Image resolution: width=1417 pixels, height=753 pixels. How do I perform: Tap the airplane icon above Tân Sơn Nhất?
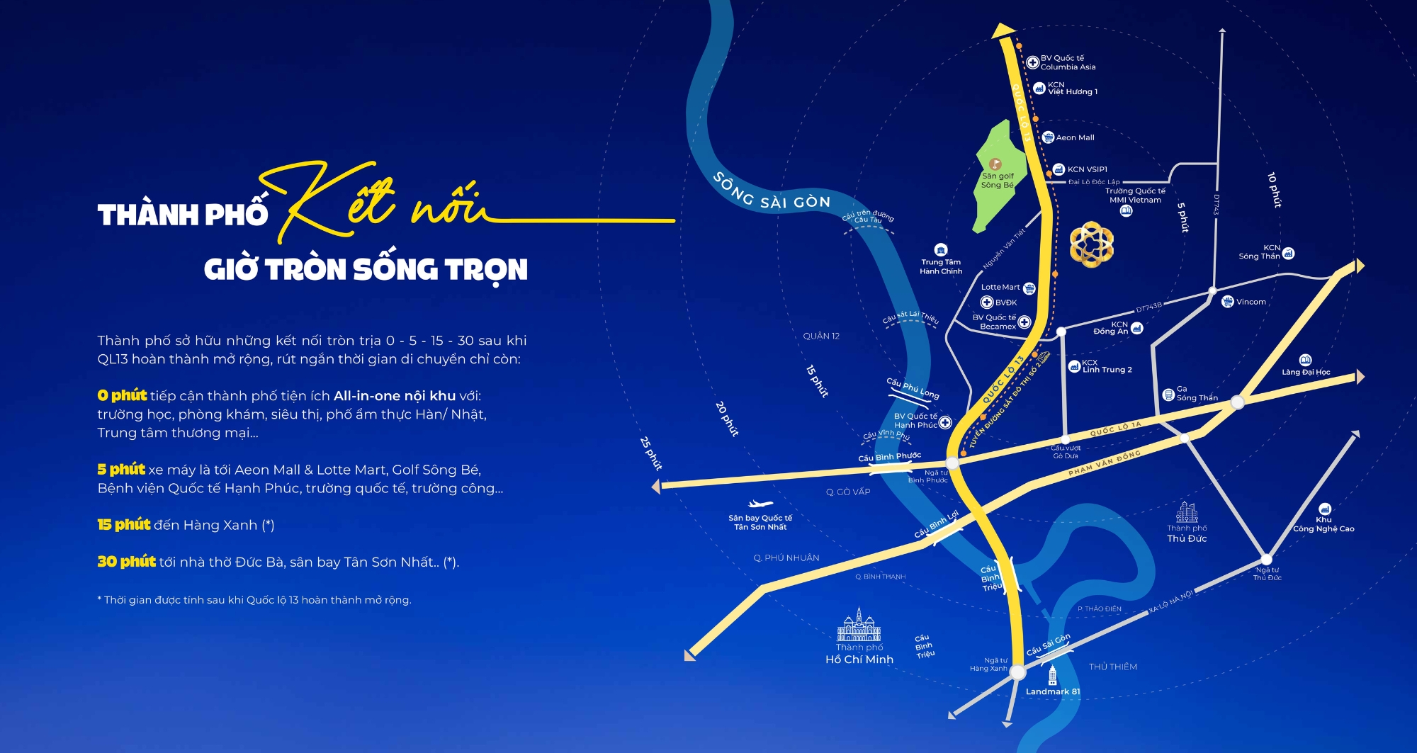(760, 504)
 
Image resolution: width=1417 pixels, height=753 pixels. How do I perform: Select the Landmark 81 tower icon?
(1052, 675)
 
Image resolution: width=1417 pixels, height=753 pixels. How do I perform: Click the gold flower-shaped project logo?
(1091, 244)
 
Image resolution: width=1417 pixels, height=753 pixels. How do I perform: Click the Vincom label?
(1251, 302)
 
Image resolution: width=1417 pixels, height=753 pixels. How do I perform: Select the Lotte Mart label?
(1000, 287)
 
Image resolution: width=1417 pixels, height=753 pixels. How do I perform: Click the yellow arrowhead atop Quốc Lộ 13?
(1003, 30)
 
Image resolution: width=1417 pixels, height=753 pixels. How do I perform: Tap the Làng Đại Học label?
(1306, 372)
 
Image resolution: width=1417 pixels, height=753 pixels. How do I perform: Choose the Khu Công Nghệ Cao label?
(1323, 524)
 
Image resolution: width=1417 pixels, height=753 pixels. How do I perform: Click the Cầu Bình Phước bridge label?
(889, 457)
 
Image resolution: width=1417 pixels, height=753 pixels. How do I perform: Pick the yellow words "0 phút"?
(122, 395)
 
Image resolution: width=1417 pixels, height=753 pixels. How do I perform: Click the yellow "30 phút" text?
(126, 562)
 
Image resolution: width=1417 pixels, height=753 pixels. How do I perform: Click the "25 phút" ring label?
(651, 453)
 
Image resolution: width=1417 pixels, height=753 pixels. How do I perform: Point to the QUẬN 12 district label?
(821, 336)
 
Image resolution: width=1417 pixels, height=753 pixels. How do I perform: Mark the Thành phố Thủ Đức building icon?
(1187, 512)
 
